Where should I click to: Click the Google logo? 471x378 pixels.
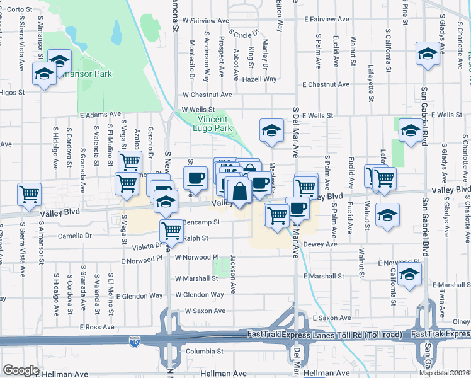click(21, 370)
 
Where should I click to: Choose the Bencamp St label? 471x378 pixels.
click(201, 222)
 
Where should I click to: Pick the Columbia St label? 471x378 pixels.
click(201, 352)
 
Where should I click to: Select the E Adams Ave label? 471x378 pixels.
click(100, 115)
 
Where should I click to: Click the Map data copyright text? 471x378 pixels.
click(445, 373)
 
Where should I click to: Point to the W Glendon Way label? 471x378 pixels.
click(200, 294)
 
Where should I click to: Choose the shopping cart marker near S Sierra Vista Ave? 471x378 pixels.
click(29, 195)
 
